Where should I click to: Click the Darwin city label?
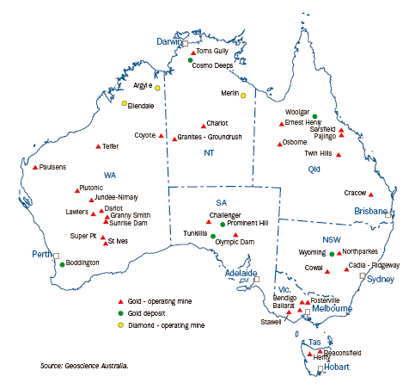171,40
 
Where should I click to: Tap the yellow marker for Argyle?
158,87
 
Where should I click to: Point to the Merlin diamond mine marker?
243,95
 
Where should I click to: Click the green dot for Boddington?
62,265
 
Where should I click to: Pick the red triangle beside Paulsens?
35,167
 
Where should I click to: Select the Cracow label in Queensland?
355,194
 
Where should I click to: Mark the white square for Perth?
56,256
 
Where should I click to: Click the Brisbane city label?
372,211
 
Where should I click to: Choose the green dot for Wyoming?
332,254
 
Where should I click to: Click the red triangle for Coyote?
161,135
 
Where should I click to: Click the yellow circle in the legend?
120,326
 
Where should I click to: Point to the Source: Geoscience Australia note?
84,366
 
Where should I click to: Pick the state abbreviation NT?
208,153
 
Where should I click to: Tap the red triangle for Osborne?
279,143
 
